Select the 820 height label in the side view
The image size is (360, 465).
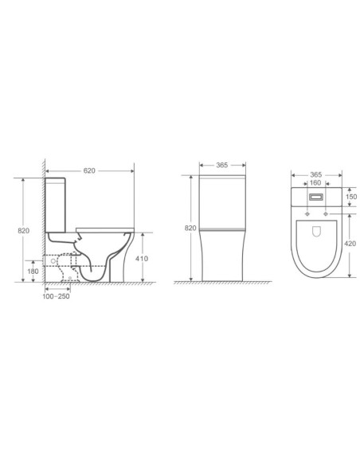[x=23, y=230]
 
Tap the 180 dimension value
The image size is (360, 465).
[x=31, y=271]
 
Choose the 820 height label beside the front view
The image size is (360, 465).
[x=190, y=228]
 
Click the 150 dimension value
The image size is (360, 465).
[x=351, y=197]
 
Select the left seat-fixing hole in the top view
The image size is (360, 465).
[x=307, y=213]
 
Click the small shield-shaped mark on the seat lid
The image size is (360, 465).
[x=315, y=233]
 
